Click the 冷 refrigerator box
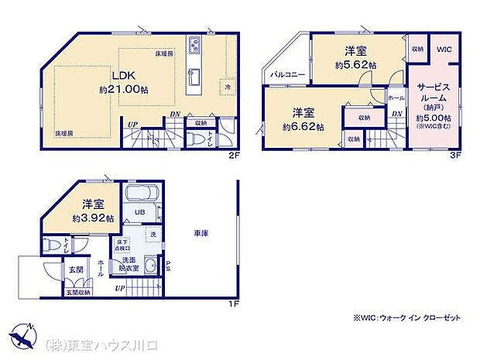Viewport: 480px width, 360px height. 228,87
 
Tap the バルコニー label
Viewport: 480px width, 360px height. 287,75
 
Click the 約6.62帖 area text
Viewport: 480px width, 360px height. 303,125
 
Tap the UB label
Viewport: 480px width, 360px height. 142,211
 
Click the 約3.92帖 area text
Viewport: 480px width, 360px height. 93,218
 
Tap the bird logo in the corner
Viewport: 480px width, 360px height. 24,338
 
